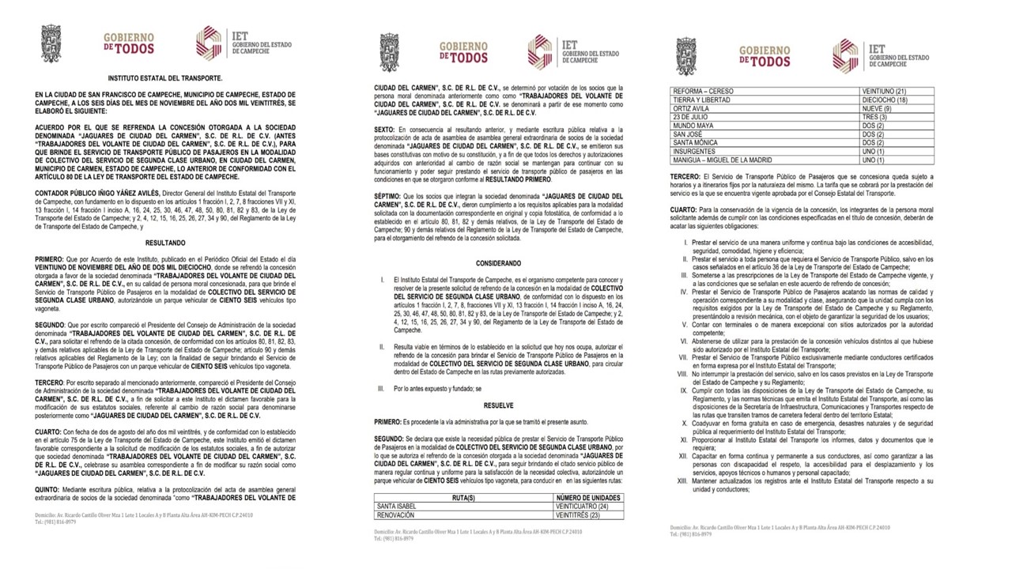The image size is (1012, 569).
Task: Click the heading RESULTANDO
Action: (165, 243)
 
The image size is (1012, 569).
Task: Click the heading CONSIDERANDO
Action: (498, 263)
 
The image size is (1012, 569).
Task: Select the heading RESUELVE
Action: (498, 405)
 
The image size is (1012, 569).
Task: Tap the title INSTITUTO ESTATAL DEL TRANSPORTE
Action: (165, 79)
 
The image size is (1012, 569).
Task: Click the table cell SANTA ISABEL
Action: (397, 506)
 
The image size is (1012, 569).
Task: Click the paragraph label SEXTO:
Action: (386, 129)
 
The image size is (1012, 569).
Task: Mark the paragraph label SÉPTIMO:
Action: (388, 195)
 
